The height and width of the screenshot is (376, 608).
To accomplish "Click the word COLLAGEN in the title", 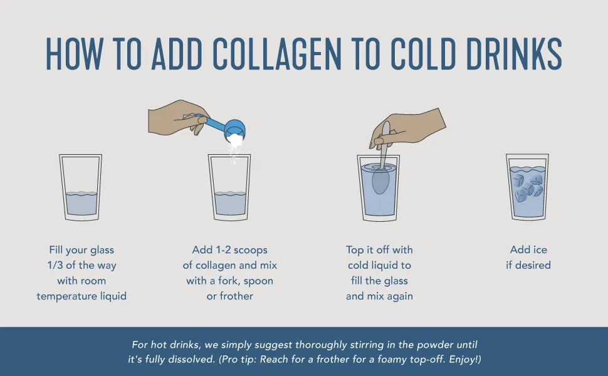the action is (x=277, y=54).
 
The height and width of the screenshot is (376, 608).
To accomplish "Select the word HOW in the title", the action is (x=75, y=54).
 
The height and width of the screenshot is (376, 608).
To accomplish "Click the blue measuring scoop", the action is (x=224, y=127).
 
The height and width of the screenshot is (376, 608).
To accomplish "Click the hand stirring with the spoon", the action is (x=407, y=127).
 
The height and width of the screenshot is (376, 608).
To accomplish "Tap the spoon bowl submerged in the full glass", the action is (x=380, y=181).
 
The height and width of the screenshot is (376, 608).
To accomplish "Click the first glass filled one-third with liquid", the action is (x=81, y=187).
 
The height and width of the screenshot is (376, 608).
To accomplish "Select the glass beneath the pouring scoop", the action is (x=229, y=187).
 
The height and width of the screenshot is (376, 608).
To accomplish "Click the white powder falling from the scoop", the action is (x=234, y=145).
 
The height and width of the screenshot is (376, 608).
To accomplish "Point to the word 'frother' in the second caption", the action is (x=236, y=296).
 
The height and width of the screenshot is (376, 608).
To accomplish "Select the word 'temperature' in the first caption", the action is (x=67, y=296).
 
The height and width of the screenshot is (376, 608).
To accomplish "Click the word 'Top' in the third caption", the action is (x=354, y=250).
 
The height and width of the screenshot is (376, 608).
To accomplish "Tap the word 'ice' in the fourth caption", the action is (x=539, y=249).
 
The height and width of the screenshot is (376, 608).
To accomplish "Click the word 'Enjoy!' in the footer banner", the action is (x=463, y=359).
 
